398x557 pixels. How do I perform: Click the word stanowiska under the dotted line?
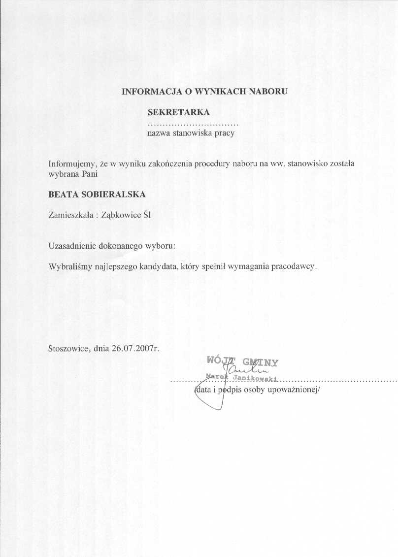[x=192, y=132]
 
